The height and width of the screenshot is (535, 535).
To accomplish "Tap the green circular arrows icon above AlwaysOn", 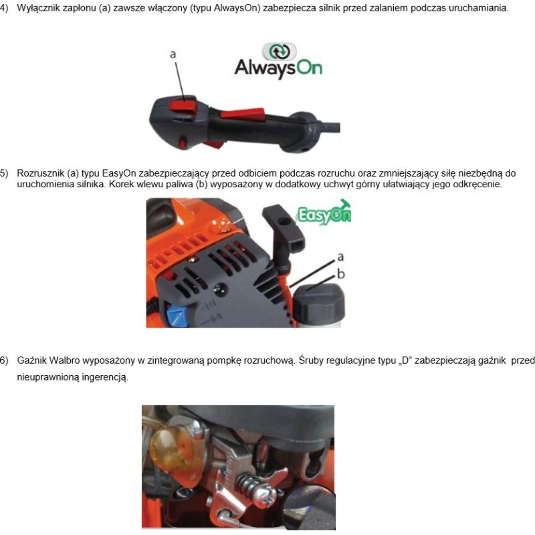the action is point(279,51).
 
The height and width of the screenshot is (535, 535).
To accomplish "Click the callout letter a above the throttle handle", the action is point(173,54).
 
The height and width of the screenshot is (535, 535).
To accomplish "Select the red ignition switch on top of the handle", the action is point(183,104).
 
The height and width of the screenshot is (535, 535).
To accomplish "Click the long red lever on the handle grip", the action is point(243,113).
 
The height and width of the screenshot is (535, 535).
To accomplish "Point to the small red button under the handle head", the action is point(183,142).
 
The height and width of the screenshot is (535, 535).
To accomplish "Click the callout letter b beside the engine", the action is point(341,274).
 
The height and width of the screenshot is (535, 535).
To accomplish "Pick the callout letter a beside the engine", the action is point(340,257).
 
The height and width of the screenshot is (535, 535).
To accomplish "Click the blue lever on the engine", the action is point(177,316).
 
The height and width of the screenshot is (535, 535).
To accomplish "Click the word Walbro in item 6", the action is point(64,360).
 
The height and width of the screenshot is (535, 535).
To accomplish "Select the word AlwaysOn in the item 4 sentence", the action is point(235,8).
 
